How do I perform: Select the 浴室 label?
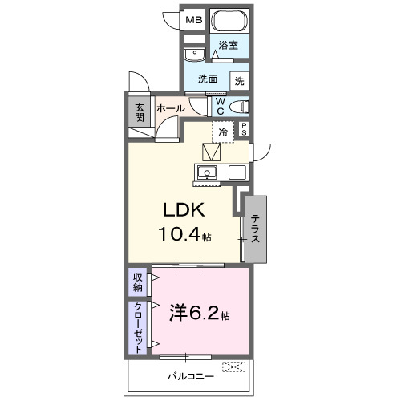click(229, 46)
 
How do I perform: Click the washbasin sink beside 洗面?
click(194, 54)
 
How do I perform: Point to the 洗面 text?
click(209, 79)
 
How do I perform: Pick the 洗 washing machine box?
click(239, 80)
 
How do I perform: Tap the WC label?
click(219, 106)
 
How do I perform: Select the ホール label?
click(170, 108)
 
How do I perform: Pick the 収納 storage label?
click(138, 283)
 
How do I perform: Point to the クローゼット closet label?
click(138, 327)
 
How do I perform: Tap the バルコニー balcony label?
click(190, 375)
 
